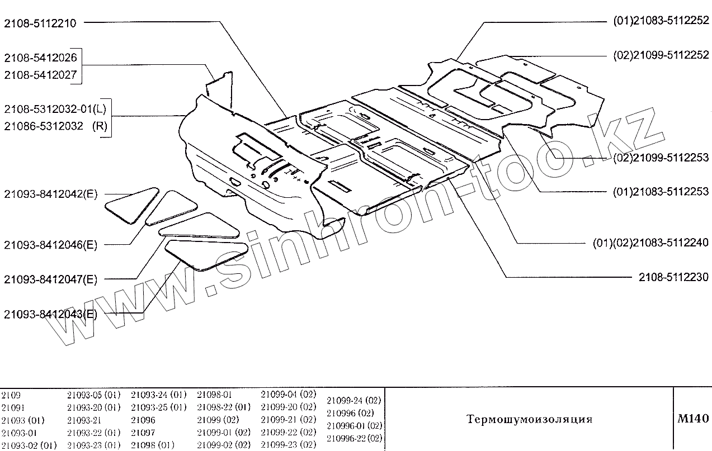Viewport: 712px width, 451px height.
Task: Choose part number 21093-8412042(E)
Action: pos(50,194)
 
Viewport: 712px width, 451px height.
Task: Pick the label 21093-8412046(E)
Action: pos(50,245)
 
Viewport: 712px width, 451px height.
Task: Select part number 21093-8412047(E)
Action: pos(50,279)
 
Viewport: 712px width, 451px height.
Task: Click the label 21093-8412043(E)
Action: pos(50,314)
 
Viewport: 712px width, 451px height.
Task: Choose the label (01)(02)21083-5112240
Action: pos(650,243)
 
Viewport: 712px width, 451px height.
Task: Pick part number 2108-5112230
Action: pos(674,277)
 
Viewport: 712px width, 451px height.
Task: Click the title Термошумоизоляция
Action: pos(529,419)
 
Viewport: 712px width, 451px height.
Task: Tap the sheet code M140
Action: pos(692,419)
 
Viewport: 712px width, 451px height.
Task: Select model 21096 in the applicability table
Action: pos(143,420)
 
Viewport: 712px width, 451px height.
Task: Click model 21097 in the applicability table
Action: pos(143,433)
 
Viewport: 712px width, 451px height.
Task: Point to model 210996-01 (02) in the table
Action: pos(354,426)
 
